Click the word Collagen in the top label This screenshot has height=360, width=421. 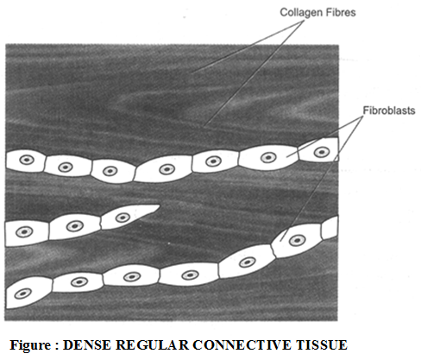pos(295,12)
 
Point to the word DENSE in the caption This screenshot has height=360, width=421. pos(88,345)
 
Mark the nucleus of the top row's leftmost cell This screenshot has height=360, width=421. pos(26,161)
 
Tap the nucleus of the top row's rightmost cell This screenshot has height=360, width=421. pos(322,151)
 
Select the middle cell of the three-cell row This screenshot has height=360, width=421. pos(74,226)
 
